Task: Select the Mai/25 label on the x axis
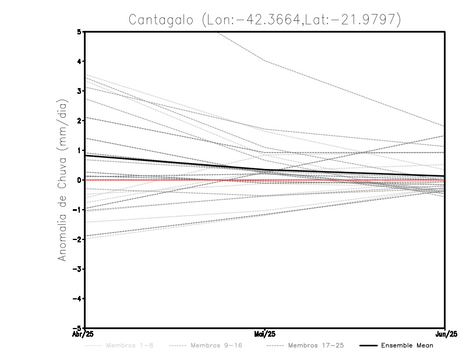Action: pos(265,334)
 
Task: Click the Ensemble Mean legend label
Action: pos(407,345)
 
